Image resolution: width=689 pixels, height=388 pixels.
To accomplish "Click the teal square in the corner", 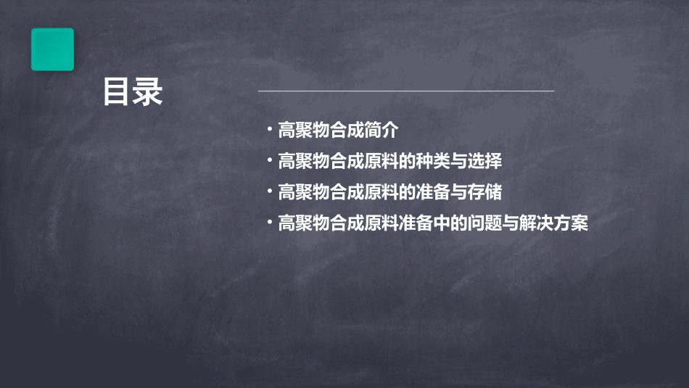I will (x=52, y=49).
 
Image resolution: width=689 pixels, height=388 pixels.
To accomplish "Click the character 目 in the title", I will (x=117, y=92).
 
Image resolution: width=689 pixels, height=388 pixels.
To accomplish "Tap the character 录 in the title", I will (x=148, y=92).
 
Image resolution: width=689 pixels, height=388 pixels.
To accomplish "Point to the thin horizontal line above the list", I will (x=406, y=91).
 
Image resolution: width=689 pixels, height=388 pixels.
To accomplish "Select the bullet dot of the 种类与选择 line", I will (x=269, y=161).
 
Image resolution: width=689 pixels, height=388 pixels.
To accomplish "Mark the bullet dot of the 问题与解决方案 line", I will (x=269, y=223).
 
